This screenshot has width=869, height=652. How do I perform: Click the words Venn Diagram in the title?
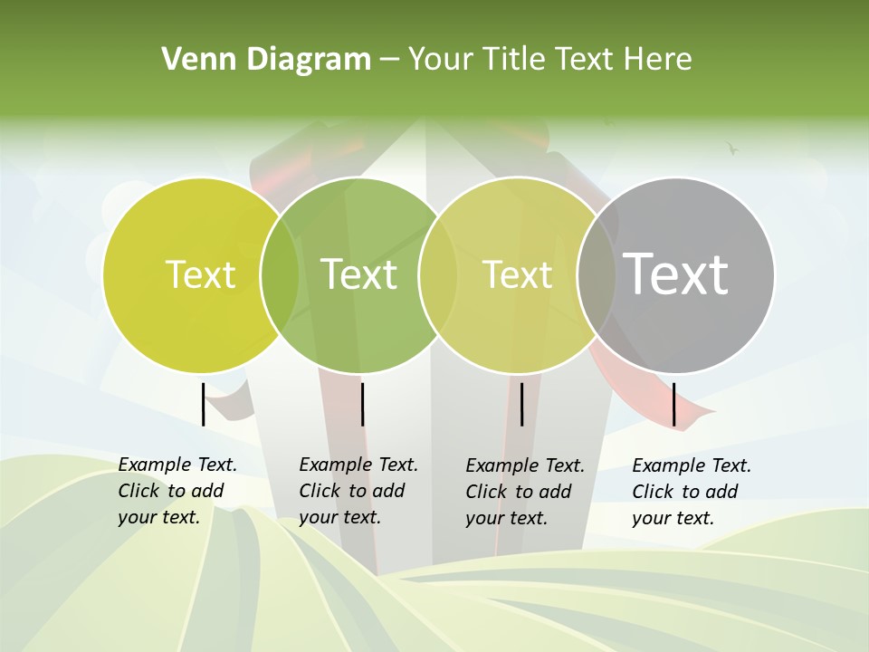[x=266, y=59]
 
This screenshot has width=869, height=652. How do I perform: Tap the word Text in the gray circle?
[x=676, y=273]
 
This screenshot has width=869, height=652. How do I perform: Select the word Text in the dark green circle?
[x=359, y=273]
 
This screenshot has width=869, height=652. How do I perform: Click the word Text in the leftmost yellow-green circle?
[x=201, y=273]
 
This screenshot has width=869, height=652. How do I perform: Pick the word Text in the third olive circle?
[x=518, y=273]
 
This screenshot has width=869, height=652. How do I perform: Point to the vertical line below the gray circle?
[x=674, y=404]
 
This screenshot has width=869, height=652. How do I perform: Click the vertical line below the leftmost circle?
[x=203, y=404]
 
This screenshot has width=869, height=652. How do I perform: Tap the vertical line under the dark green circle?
[x=362, y=404]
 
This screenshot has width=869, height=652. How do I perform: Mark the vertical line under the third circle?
[x=522, y=404]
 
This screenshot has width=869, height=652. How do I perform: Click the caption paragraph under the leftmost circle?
[x=177, y=491]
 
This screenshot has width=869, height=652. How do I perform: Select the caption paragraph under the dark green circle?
[x=358, y=491]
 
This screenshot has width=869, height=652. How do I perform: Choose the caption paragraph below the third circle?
[x=525, y=492]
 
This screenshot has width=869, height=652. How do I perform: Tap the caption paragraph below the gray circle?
[x=692, y=492]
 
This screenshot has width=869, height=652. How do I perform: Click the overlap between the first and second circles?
[x=280, y=273]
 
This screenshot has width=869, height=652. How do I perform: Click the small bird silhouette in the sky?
[x=732, y=147]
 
